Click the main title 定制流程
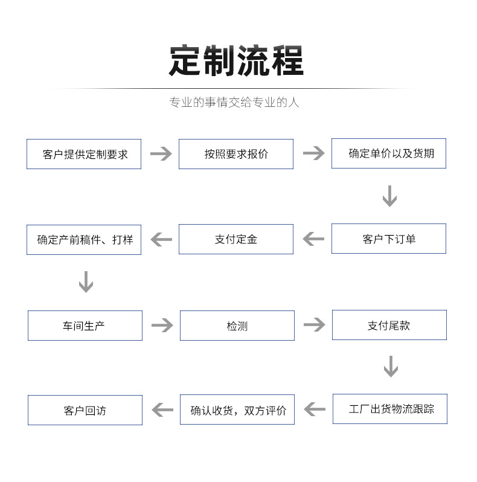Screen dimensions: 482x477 (x=236, y=60)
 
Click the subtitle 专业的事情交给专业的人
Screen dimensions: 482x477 (x=234, y=102)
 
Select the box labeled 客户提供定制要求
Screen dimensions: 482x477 (x=84, y=154)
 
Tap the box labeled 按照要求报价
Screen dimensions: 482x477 (x=236, y=154)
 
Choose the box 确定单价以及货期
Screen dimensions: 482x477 (x=389, y=153)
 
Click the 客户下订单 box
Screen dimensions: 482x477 (x=389, y=239)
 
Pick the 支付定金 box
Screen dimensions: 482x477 (x=236, y=239)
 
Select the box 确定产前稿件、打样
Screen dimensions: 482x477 (x=84, y=240)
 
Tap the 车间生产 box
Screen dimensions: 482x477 (x=85, y=326)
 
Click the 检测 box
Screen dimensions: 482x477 (x=237, y=326)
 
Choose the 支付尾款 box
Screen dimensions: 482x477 (x=389, y=325)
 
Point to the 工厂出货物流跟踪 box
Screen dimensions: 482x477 (x=390, y=409)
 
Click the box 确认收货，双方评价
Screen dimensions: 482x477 (x=237, y=410)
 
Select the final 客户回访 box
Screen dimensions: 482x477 (x=85, y=410)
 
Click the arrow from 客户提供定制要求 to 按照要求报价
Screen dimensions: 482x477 (x=161, y=154)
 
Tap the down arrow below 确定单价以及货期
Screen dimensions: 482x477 (x=389, y=196)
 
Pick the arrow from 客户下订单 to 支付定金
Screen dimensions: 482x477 (x=313, y=239)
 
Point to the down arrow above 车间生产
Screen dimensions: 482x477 (x=86, y=282)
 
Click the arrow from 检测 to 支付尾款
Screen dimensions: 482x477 (x=314, y=325)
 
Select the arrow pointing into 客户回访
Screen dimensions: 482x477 (x=162, y=410)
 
